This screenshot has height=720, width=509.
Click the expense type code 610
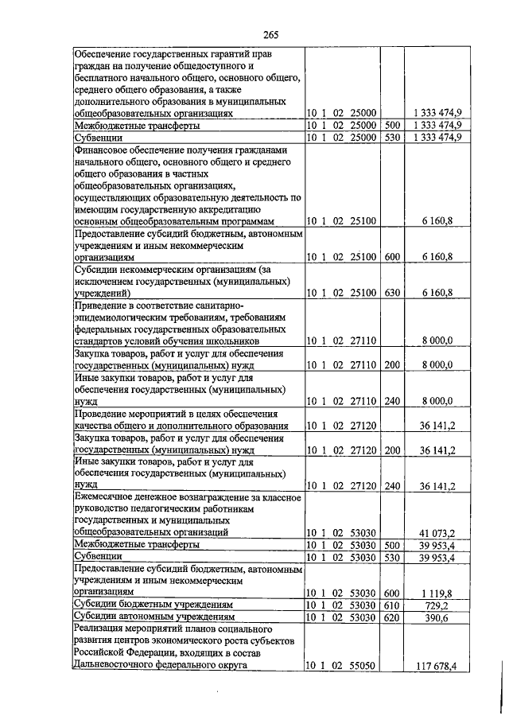point(390,605)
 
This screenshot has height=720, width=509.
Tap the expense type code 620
point(390,617)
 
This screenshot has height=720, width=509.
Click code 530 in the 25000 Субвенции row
point(390,138)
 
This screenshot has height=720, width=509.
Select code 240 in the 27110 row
point(390,403)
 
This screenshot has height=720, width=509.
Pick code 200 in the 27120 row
point(390,450)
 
